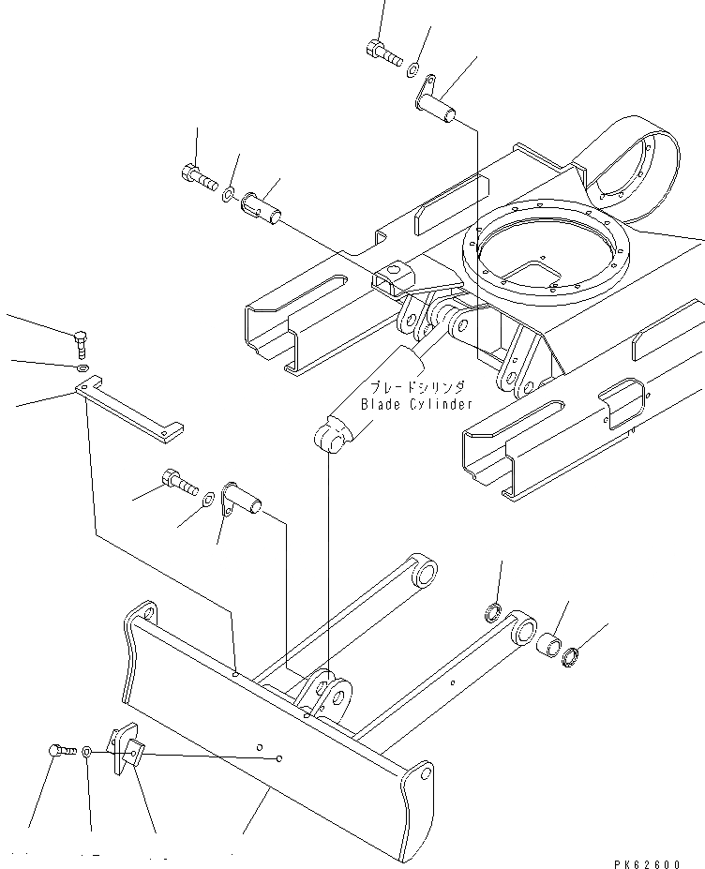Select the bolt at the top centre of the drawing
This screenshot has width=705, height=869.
pos(384,55)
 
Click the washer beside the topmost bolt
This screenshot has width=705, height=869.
pos(413,68)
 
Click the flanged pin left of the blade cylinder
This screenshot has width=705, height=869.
pos(241,502)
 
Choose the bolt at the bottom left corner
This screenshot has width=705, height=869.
pos(61,751)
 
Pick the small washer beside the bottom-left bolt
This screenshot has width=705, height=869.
pos(86,751)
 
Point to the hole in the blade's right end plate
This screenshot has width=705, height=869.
pos(426,774)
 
